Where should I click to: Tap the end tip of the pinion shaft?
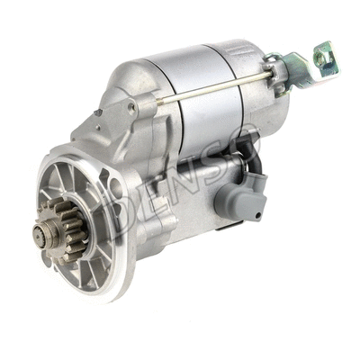(x=39, y=234)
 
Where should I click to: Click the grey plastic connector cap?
(x=241, y=200)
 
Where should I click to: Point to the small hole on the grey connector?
(x=256, y=215)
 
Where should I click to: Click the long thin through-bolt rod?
(x=214, y=87)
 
